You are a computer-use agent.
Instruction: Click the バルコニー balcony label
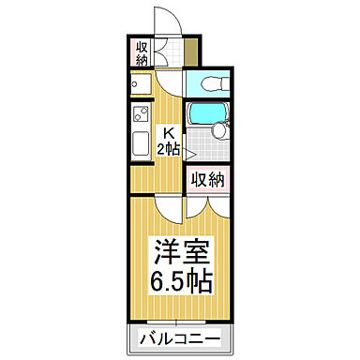coord(181,338)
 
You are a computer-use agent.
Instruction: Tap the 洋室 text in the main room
coord(181,252)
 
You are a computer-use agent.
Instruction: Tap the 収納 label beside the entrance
coord(142,53)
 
